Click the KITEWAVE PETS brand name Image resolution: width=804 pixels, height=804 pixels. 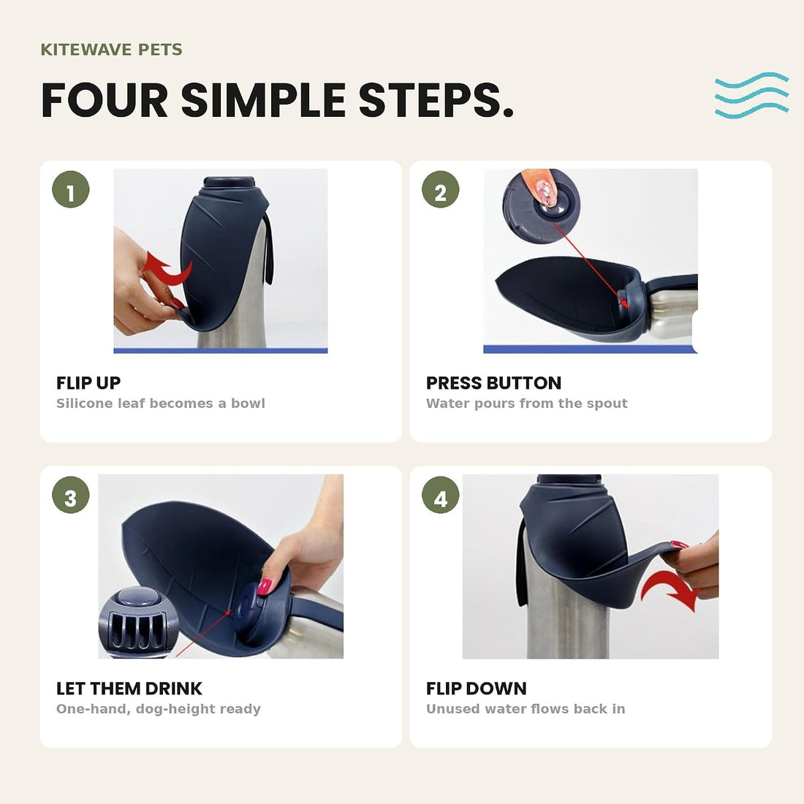pyautogui.click(x=111, y=50)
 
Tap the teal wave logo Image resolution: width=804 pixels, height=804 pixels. pyautogui.click(x=751, y=95)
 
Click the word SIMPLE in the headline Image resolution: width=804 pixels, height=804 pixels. pyautogui.click(x=263, y=100)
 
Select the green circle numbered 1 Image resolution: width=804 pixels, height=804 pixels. pyautogui.click(x=71, y=189)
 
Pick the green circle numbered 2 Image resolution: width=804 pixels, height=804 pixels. pyautogui.click(x=441, y=189)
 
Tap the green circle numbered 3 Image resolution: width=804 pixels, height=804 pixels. pyautogui.click(x=71, y=495)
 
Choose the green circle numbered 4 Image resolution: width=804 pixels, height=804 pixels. pyautogui.click(x=441, y=495)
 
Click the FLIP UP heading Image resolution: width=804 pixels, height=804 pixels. pyautogui.click(x=88, y=383)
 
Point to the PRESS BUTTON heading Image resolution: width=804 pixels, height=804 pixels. pyautogui.click(x=494, y=383)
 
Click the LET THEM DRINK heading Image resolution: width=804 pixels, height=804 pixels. pyautogui.click(x=129, y=689)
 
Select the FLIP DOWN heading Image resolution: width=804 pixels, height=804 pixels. pyautogui.click(x=477, y=689)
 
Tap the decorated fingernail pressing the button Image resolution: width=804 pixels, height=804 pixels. pyautogui.click(x=545, y=191)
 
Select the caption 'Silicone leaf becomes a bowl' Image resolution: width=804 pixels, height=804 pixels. pyautogui.click(x=161, y=403)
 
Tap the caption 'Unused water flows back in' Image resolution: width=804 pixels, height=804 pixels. pyautogui.click(x=526, y=709)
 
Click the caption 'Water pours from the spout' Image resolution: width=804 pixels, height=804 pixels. pyautogui.click(x=526, y=403)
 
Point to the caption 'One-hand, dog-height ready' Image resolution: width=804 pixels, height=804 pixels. pyautogui.click(x=159, y=709)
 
